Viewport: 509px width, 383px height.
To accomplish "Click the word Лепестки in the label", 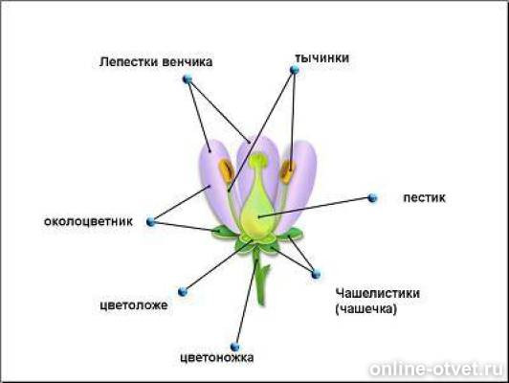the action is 129,61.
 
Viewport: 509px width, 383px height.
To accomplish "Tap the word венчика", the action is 188,61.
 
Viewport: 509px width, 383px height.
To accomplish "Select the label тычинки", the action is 322,57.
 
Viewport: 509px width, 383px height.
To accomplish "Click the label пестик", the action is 424,197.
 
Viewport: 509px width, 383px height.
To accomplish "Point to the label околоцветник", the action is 88,221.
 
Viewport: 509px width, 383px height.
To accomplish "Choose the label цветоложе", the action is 134,305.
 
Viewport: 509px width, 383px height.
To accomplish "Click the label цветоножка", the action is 217,358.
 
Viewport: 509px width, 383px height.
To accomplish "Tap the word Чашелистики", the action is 378,293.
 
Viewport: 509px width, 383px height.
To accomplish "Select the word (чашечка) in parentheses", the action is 366,309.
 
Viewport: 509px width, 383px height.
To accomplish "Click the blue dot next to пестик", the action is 372,197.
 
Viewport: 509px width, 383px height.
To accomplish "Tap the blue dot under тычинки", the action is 295,70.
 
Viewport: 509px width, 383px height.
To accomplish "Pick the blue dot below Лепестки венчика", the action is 188,79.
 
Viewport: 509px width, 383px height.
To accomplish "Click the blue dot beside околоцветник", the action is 150,222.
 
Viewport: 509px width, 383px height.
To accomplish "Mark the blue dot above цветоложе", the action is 183,291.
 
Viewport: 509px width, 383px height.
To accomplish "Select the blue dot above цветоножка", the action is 234,347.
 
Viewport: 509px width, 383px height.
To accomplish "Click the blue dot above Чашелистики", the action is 316,274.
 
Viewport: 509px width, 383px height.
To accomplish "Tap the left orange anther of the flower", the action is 226,171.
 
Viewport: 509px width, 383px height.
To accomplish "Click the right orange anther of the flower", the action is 287,171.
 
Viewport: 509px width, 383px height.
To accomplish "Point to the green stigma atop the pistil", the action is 258,160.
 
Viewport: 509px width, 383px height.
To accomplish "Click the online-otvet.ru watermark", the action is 436,369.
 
